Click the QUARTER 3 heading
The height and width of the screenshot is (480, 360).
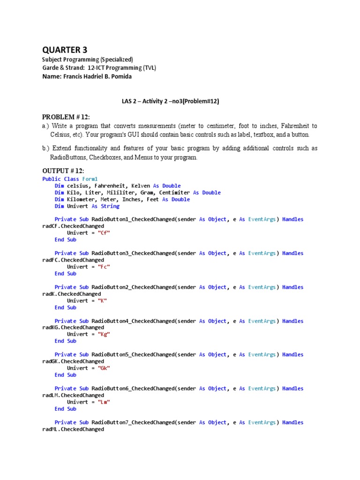coord(65,50)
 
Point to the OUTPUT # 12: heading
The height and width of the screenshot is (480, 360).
coord(63,171)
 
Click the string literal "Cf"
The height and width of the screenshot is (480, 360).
coord(104,233)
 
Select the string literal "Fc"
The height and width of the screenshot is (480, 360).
coord(104,267)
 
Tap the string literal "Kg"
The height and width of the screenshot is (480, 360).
coord(104,334)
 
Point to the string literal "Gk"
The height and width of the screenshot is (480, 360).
coord(104,368)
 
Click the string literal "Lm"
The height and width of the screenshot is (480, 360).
coord(104,402)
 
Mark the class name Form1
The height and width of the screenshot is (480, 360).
coord(90,179)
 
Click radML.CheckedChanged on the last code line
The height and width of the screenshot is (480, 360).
coord(73,429)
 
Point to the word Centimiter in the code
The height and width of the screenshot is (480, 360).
coord(174,193)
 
